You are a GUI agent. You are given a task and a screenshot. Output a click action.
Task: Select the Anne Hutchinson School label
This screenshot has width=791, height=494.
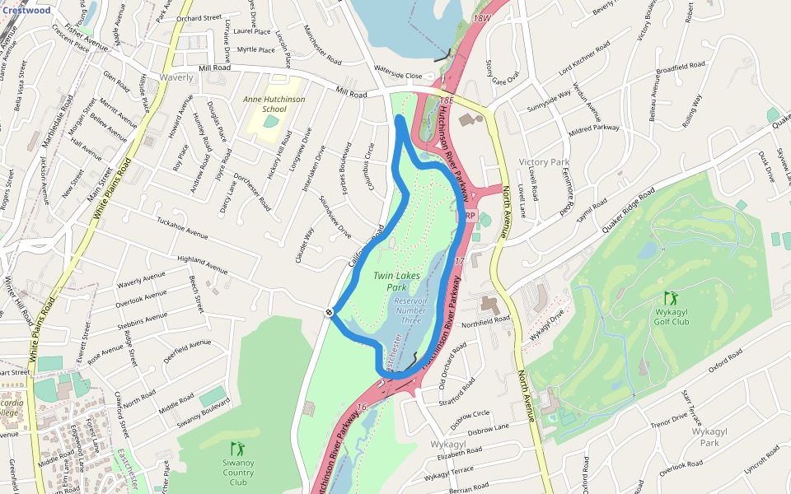point(274,104)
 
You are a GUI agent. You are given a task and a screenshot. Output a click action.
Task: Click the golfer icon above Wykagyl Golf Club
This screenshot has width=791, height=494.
point(671,297)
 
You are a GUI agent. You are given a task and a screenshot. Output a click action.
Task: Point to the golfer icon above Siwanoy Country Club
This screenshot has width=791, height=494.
point(238,449)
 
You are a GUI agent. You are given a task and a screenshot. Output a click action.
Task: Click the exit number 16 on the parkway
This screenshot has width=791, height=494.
point(362,408)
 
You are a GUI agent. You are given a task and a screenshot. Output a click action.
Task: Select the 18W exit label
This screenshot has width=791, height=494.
point(482,17)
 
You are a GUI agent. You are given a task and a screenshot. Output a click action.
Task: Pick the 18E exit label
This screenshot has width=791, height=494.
point(446,100)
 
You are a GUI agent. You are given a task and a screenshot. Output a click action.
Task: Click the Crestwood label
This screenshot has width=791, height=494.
point(26,11)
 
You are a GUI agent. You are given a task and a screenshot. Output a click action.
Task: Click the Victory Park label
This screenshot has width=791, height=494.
point(544,162)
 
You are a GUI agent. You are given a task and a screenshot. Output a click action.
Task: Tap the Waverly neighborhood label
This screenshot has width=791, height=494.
point(176,77)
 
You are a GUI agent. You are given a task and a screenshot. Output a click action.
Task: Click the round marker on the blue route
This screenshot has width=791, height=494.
point(330,312)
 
